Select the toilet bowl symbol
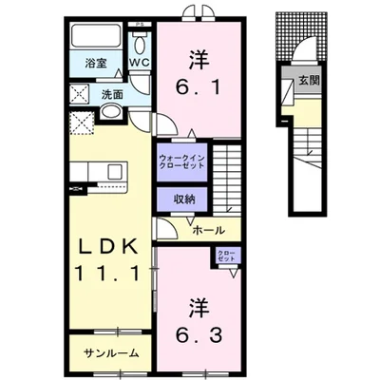pos(140,43)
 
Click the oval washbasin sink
pos(109,114)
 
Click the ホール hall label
pos(209,231)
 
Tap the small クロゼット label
pos(225,255)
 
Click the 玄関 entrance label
pos(310,81)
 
